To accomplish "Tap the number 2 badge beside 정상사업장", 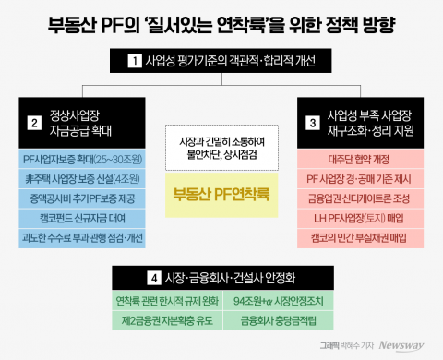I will click(33, 122).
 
